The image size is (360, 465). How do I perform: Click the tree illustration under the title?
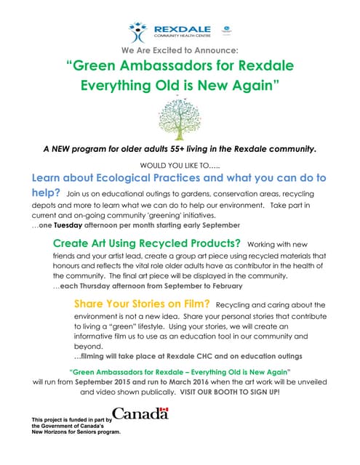pyautogui.click(x=180, y=116)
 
